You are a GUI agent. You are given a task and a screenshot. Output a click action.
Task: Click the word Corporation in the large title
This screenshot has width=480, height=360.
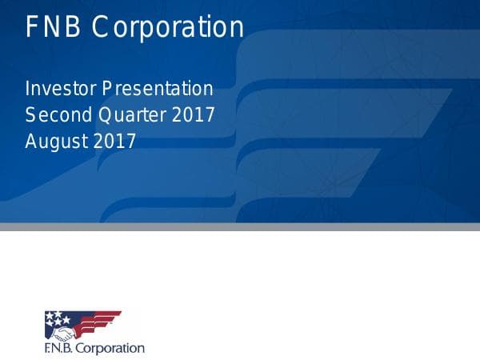167,27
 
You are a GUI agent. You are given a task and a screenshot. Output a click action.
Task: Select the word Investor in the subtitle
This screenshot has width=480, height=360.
61,88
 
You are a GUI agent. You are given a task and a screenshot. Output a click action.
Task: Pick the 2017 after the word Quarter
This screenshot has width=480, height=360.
194,114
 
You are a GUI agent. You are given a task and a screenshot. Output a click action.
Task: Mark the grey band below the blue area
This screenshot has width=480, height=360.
240,226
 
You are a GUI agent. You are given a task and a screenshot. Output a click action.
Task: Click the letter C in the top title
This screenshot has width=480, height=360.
101,27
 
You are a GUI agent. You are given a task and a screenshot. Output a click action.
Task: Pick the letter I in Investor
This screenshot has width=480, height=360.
28,88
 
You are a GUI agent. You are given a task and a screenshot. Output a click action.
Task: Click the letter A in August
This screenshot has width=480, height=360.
31,141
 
